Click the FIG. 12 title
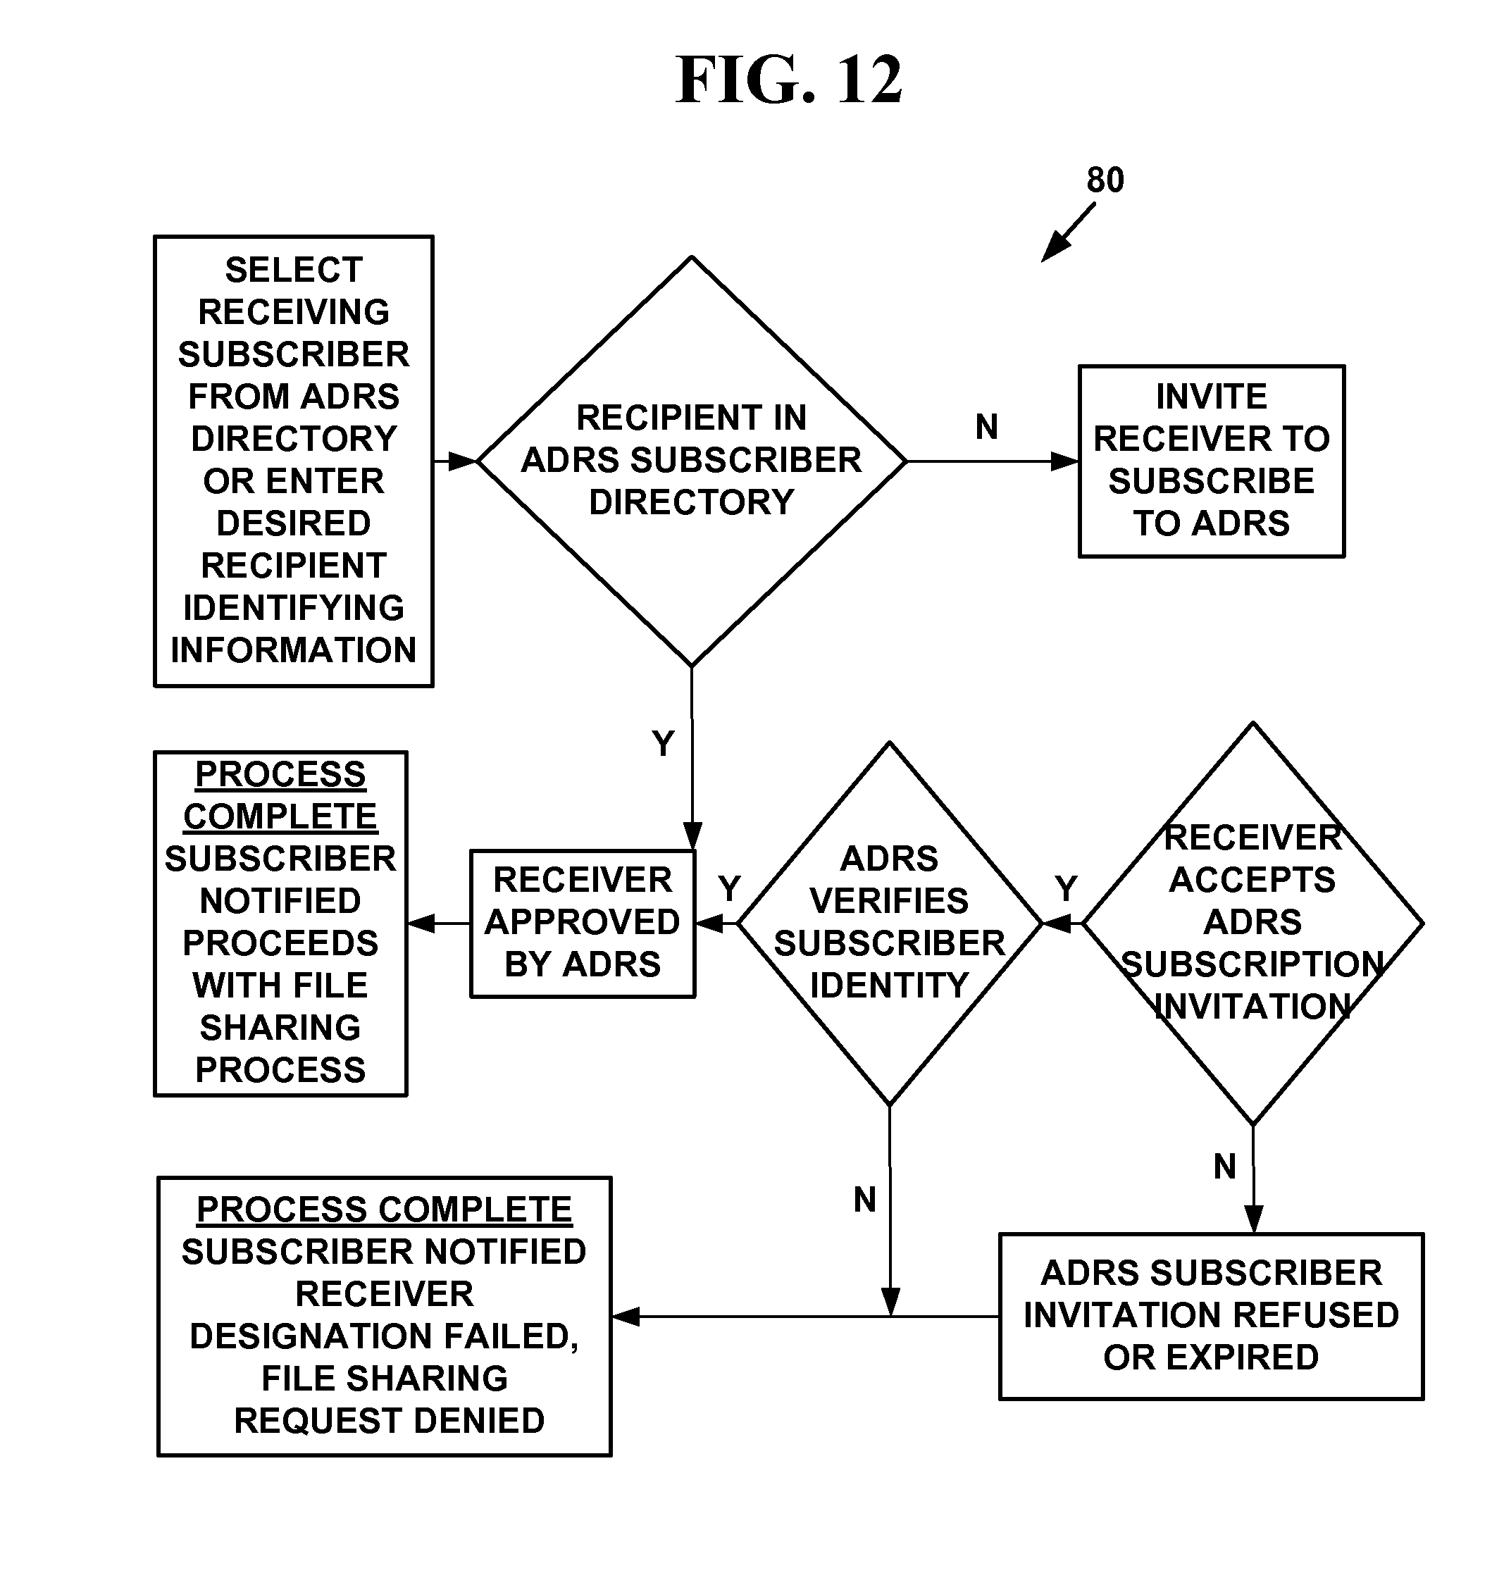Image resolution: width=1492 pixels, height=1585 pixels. point(788,80)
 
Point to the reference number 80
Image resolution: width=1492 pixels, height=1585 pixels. point(1105,180)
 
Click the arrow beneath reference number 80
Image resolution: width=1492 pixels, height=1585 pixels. point(1068,232)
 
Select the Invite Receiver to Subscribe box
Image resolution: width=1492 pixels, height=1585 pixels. point(1210,461)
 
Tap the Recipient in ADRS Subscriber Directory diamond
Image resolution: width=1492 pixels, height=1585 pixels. point(691,461)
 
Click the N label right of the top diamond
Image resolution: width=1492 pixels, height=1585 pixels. point(986,428)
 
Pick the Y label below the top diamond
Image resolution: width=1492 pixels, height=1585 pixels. point(663,743)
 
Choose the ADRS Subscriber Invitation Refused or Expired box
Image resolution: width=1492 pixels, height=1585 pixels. point(1210,1315)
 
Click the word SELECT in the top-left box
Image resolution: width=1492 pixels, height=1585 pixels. point(294,271)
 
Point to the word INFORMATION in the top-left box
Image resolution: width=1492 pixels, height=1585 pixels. point(294,651)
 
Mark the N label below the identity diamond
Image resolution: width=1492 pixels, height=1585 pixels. point(864,1199)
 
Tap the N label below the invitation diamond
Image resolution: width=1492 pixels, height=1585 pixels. point(1225,1167)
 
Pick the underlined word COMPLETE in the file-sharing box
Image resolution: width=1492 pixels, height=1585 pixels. point(280,816)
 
